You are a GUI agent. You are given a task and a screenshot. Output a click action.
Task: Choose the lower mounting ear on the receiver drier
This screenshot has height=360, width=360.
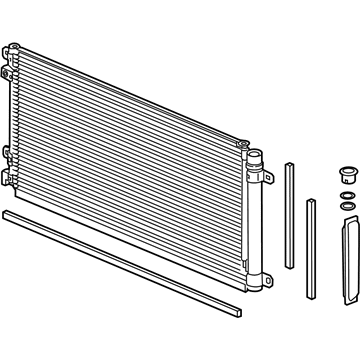click(266, 266)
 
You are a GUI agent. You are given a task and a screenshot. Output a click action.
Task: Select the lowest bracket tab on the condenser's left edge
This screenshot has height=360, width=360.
click(8, 178)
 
